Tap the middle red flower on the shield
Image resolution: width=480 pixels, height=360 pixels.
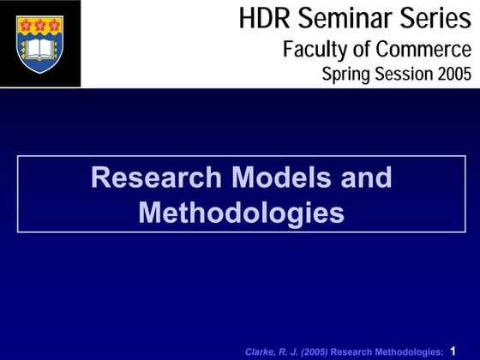(x=39, y=25)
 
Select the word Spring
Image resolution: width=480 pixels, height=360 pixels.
(x=345, y=75)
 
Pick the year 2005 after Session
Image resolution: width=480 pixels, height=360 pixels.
(x=453, y=75)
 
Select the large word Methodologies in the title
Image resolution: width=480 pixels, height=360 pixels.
(x=241, y=212)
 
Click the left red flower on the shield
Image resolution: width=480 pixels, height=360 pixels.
(x=25, y=25)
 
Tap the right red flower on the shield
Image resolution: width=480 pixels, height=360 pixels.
(x=54, y=25)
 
